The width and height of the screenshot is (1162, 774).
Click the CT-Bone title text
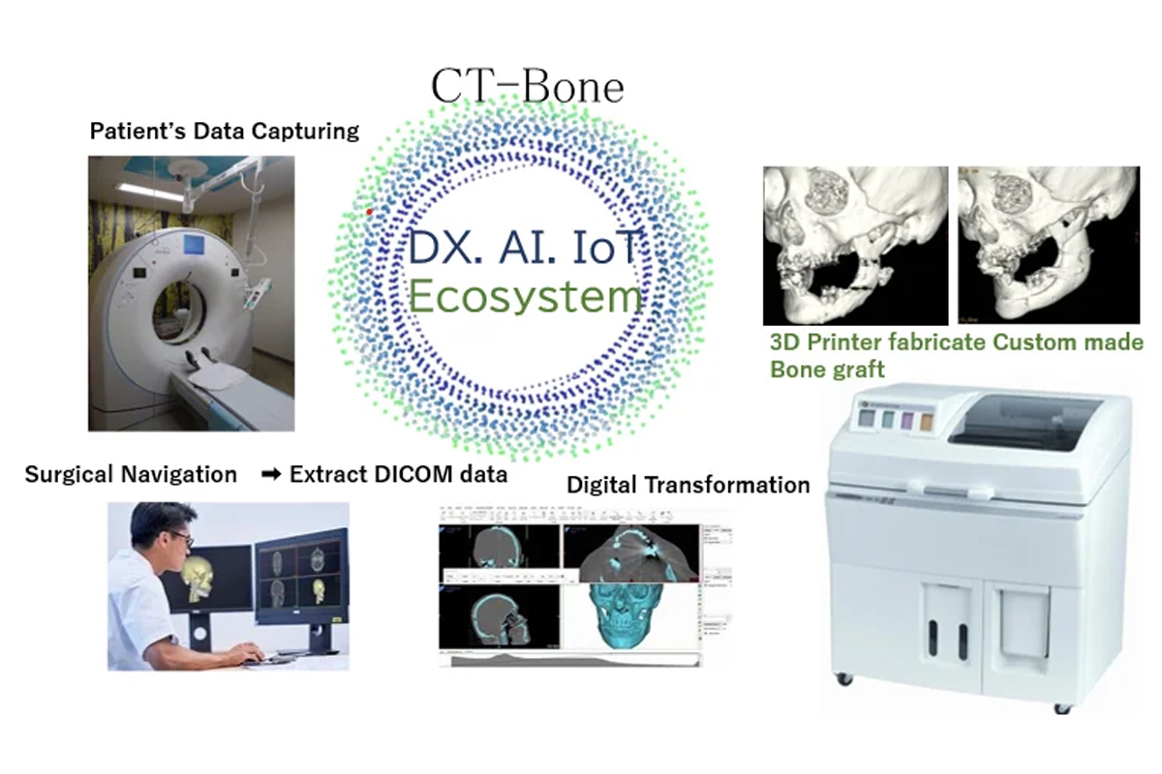527,86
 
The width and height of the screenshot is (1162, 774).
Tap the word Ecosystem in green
525,296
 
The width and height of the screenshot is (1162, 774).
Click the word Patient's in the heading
138,132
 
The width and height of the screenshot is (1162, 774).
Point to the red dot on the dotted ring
369,212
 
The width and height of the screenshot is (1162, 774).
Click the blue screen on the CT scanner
194,245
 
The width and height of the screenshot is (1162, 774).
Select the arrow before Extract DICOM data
271,474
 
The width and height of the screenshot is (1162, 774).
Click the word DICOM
413,474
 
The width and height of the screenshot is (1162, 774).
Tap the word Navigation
178,475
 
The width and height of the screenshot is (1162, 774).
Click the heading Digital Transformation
688,486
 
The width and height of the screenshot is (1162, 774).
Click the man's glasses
183,538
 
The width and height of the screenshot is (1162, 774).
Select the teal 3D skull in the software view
627,614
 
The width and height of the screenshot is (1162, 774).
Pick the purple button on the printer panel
907,420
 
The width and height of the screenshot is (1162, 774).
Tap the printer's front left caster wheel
844,678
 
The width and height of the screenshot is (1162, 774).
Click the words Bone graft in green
827,370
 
